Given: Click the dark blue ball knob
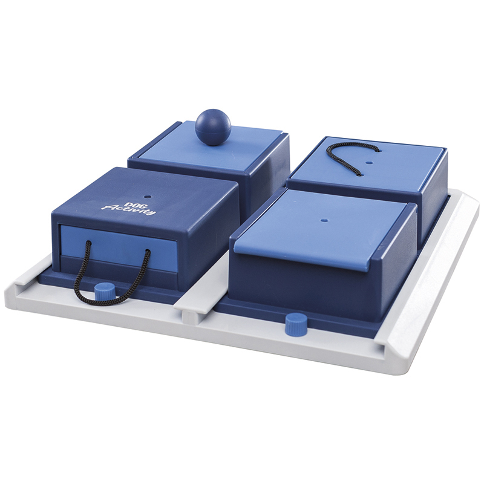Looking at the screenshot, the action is coord(213,127).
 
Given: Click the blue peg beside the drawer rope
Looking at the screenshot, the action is coord(104,292).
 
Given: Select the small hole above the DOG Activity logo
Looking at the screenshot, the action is coord(146,196).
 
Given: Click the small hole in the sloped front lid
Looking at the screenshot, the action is coord(324,220).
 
